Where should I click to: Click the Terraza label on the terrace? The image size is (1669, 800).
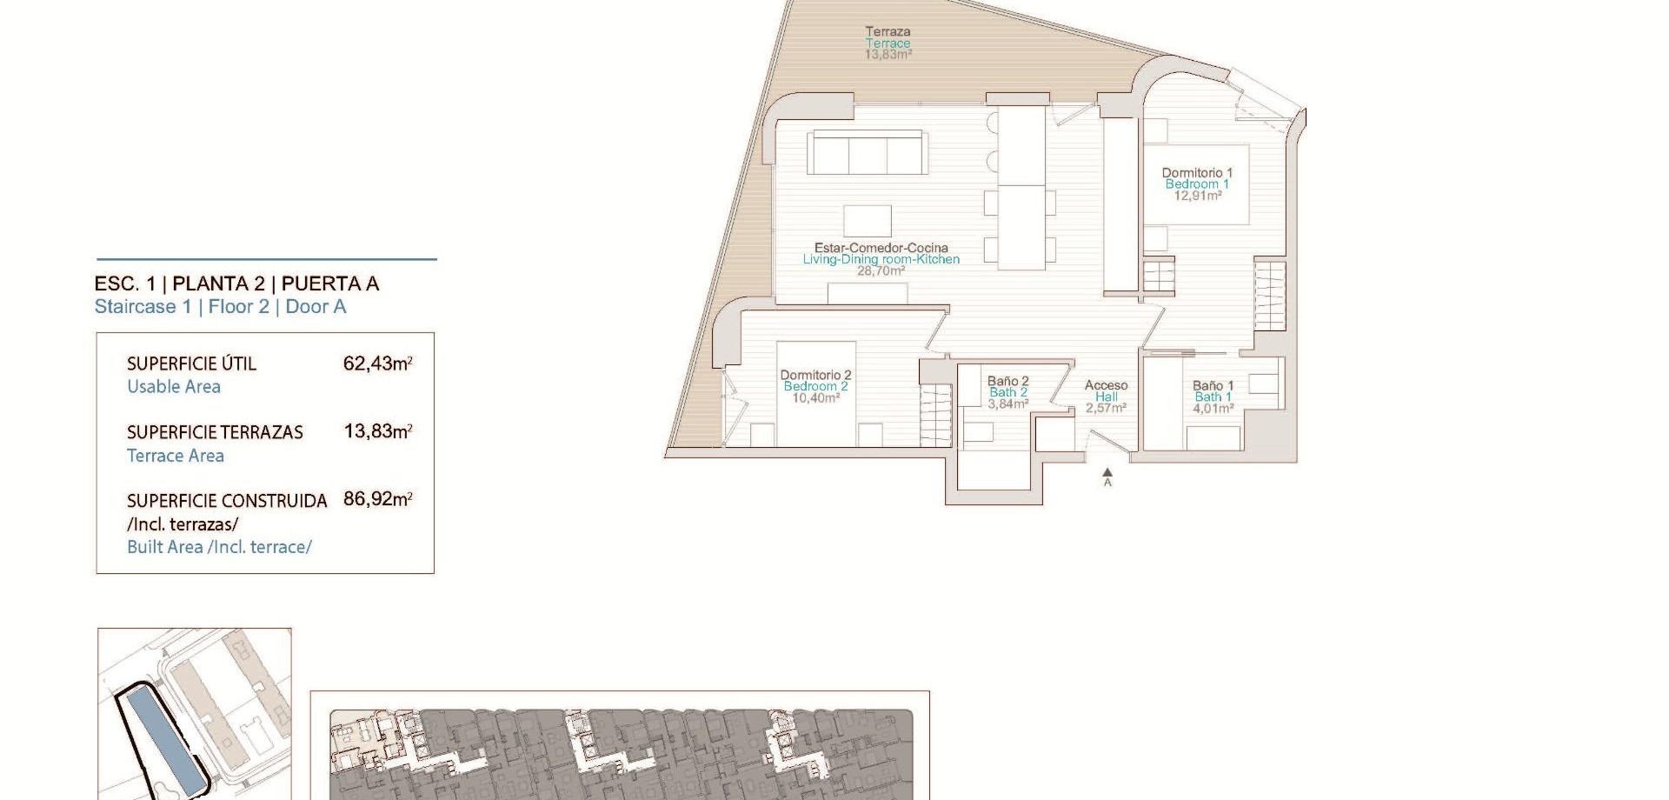pos(888,31)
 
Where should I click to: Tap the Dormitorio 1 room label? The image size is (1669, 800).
pos(1197,173)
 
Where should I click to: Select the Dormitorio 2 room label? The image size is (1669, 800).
pos(815,376)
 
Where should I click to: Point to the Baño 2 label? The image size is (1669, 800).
pos(1007,381)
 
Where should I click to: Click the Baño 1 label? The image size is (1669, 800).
pos(1213,385)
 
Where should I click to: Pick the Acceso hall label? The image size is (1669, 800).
pos(1106,385)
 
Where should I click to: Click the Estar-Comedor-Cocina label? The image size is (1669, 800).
pos(881,248)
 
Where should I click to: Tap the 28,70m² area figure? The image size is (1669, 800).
pos(881,270)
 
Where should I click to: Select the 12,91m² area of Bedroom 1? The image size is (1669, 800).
pos(1198,196)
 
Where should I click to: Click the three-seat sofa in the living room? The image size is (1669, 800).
pos(867,153)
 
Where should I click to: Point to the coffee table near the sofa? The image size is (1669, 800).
pos(867,221)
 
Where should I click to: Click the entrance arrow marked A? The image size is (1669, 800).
pos(1107,477)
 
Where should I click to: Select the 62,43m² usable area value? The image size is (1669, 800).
pos(377,363)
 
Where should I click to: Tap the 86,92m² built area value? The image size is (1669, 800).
pos(377,499)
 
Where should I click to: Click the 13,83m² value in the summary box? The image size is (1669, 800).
pos(377,431)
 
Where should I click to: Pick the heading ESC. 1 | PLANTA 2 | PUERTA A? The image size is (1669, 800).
pos(236,283)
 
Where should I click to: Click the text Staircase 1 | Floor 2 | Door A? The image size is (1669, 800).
pos(220,307)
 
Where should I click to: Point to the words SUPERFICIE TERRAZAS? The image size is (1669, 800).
pos(215,432)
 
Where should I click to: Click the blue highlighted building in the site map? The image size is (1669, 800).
pos(164,740)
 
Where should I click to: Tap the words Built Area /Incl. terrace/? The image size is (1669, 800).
pos(219,547)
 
